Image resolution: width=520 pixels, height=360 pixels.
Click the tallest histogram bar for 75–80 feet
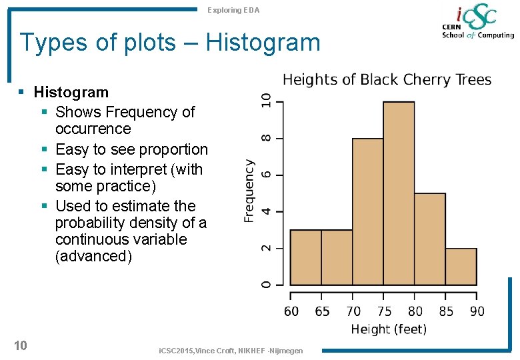[x=399, y=193]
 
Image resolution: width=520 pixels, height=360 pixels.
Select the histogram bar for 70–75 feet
[x=367, y=211]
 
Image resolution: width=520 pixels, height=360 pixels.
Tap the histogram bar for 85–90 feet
[x=461, y=267]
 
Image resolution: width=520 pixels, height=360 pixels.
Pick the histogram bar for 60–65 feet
[x=305, y=257]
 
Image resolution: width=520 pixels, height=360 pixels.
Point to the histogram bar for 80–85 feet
[x=430, y=239]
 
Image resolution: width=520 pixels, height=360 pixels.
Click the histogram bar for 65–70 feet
[x=337, y=257]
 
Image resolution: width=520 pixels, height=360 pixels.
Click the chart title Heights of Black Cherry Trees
[x=387, y=80]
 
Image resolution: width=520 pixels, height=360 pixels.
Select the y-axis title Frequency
[x=249, y=191]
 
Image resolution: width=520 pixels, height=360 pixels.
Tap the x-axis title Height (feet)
[x=389, y=329]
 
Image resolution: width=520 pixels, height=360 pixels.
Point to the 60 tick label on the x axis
[x=291, y=311]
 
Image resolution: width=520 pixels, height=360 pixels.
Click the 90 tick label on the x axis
[x=477, y=311]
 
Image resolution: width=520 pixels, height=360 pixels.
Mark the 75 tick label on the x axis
[x=384, y=311]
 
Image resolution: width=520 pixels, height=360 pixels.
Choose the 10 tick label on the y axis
[x=266, y=101]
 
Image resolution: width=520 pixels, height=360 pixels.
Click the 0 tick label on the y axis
[x=266, y=285]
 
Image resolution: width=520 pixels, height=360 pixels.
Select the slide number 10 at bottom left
[x=20, y=345]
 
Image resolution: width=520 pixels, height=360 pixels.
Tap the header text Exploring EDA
[x=233, y=10]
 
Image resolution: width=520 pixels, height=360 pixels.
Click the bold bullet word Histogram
[x=71, y=92]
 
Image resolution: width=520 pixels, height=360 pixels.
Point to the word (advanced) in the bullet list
[x=93, y=256]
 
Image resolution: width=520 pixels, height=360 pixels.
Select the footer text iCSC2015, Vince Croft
[x=229, y=351]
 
